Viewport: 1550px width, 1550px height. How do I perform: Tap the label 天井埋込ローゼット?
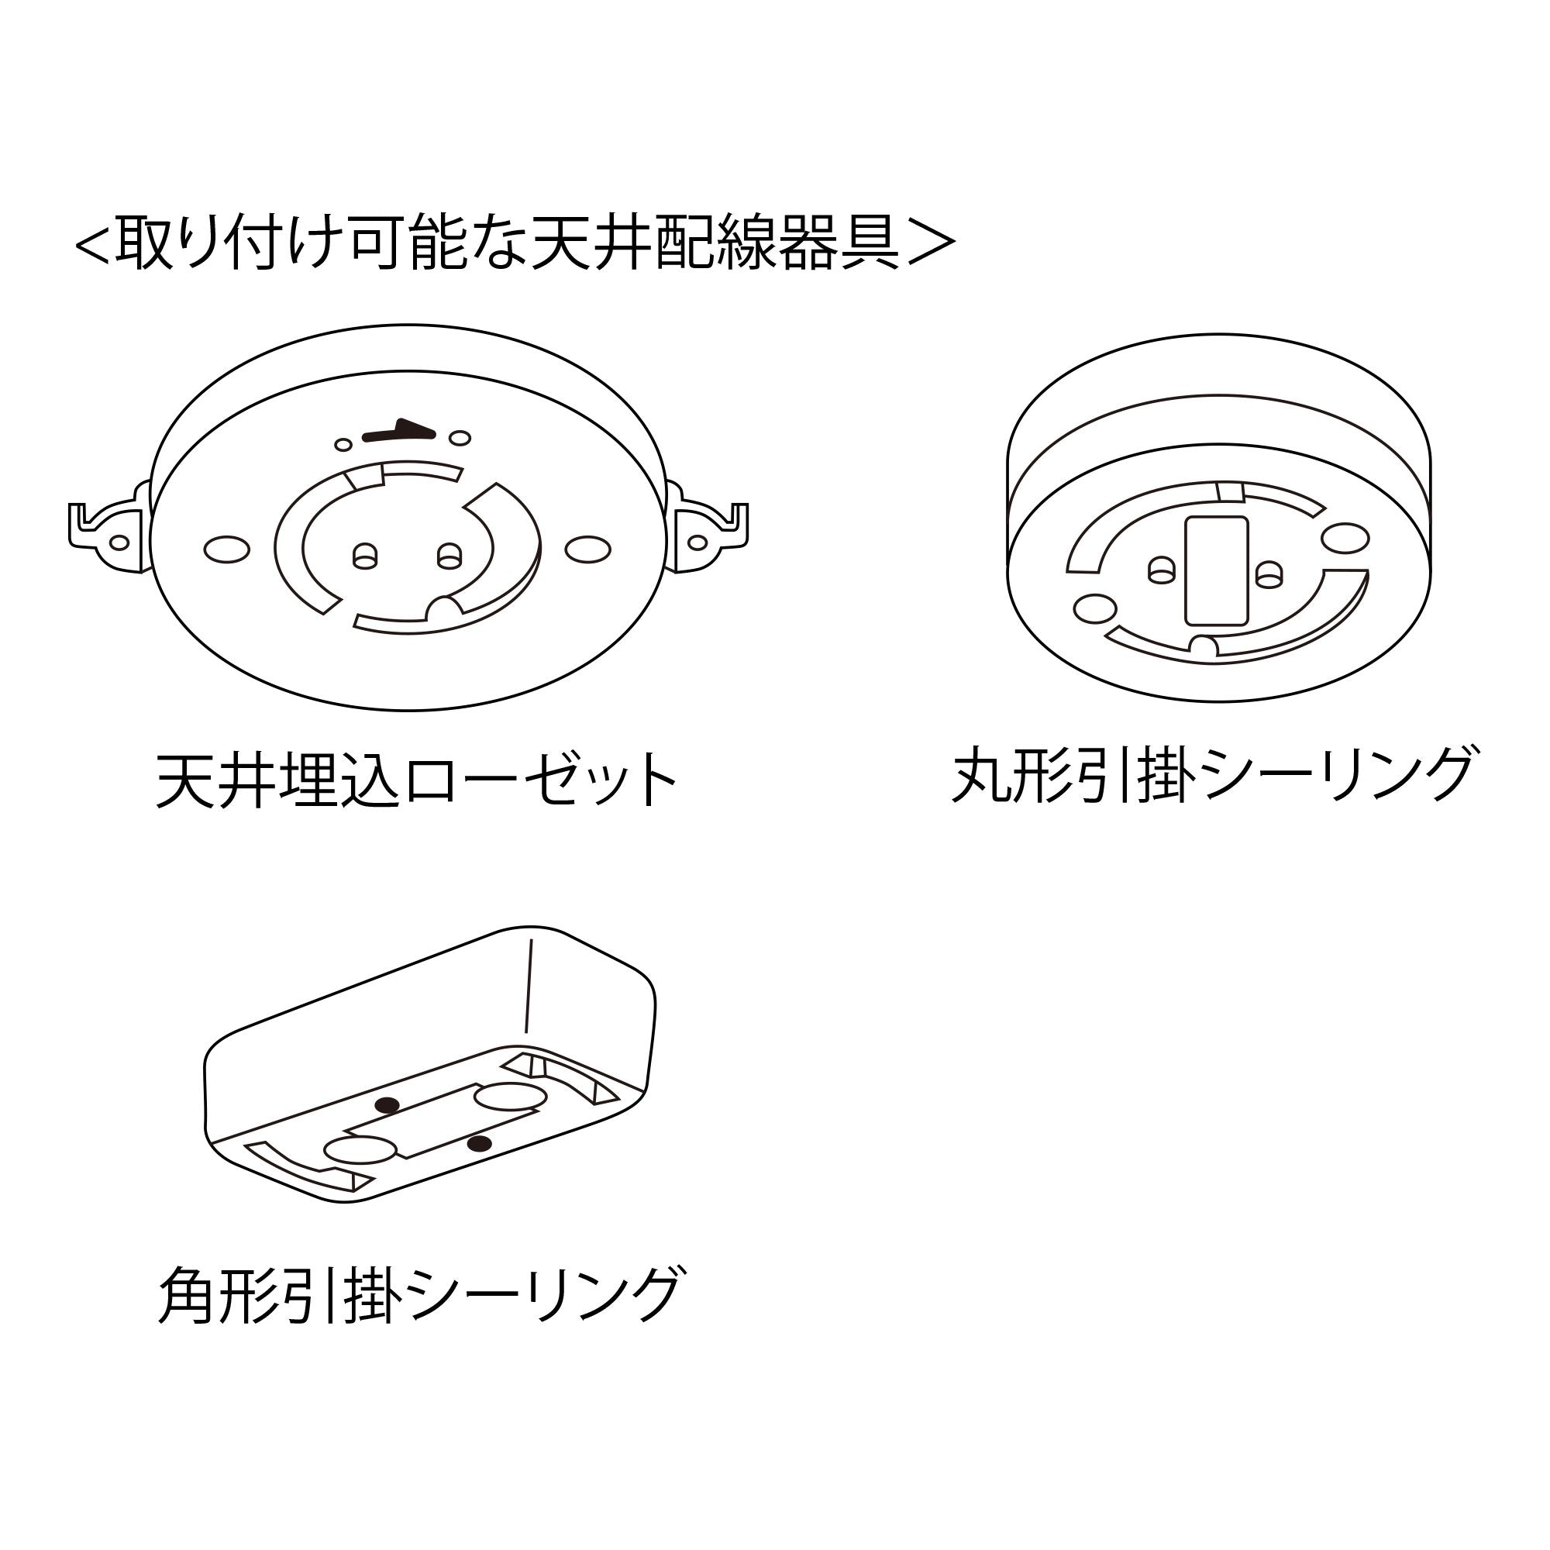[x=416, y=780]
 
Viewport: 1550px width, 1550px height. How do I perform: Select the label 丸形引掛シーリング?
[x=1212, y=774]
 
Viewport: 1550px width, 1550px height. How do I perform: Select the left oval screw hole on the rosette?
[x=227, y=549]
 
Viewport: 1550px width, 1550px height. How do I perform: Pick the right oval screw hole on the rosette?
[x=587, y=549]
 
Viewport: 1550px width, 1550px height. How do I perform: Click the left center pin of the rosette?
[x=365, y=555]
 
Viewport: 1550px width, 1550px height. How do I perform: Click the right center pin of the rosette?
[x=449, y=555]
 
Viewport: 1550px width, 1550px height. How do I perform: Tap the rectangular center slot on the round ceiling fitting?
[x=1216, y=570]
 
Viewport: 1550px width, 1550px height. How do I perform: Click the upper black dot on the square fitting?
[x=388, y=1104]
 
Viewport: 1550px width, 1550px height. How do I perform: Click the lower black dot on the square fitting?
[x=479, y=1143]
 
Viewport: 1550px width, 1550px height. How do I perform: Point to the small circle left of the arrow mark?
[x=343, y=443]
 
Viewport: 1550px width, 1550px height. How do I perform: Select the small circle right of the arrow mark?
[x=460, y=438]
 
